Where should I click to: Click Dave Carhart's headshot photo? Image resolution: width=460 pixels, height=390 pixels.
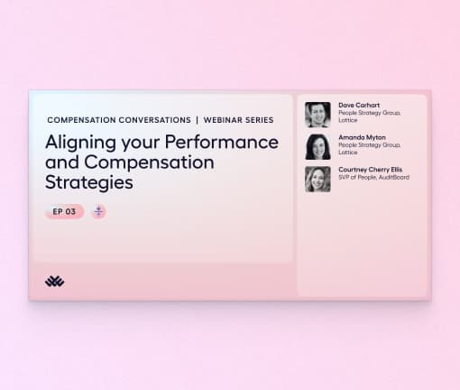click(x=317, y=115)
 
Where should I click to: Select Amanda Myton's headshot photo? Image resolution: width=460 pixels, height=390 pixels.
click(x=317, y=147)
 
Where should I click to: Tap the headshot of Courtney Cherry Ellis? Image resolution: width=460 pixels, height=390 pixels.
click(x=317, y=179)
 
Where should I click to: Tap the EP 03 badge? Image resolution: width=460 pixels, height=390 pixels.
click(x=64, y=211)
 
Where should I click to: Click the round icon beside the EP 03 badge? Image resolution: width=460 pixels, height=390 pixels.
click(x=98, y=211)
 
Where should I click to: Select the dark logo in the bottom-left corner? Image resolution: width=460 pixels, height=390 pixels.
click(x=54, y=281)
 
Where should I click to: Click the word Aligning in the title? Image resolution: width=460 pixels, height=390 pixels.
click(x=81, y=143)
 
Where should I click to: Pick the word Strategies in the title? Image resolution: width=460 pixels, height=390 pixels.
click(x=89, y=182)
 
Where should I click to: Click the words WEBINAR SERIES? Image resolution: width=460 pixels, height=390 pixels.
click(x=239, y=119)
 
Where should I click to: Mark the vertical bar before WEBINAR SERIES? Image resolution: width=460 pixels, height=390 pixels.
click(x=196, y=119)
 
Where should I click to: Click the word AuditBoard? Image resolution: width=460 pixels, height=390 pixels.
click(x=392, y=177)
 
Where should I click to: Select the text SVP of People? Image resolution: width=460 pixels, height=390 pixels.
click(x=355, y=177)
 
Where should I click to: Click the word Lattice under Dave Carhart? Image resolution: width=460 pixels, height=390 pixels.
click(x=347, y=120)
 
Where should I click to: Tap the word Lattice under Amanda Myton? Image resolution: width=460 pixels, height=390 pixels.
click(x=347, y=153)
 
